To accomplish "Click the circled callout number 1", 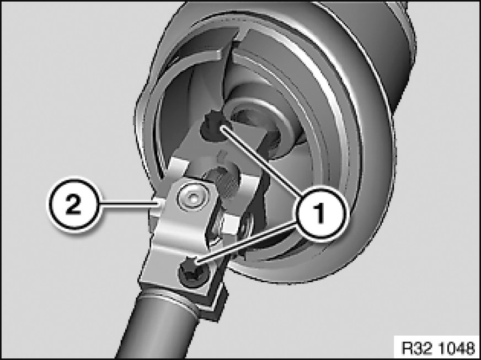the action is click(319, 212).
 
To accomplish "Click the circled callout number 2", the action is click(73, 203).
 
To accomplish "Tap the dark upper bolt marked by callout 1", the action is click(211, 127).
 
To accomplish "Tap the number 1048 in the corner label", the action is click(457, 348).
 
